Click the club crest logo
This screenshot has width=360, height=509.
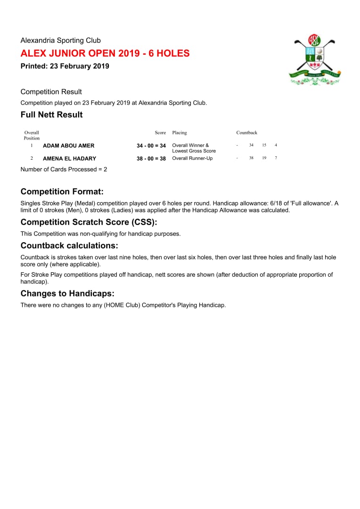(314, 60)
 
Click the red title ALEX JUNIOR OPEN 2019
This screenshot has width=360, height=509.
(105, 53)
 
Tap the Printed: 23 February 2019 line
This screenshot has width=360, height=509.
(65, 66)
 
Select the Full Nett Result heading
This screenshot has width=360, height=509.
(52, 115)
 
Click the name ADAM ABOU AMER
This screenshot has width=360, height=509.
(69, 146)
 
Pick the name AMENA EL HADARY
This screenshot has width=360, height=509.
(69, 158)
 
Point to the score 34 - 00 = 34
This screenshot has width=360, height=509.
(151, 146)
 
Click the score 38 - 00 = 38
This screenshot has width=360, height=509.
(151, 159)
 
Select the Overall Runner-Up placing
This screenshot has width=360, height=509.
(192, 158)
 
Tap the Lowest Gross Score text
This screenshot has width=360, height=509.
(194, 151)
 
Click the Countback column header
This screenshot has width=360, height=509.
(247, 133)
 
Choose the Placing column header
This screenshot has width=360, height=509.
(180, 133)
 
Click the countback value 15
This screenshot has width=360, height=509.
(264, 145)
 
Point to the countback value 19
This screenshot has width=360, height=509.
(264, 158)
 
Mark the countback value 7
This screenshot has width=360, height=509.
(276, 158)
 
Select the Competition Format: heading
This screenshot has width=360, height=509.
(62, 192)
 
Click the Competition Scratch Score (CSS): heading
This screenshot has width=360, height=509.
(89, 222)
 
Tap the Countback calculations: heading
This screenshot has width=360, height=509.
(69, 246)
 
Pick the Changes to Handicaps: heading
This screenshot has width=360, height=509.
(67, 293)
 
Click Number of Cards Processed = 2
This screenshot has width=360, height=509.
(64, 169)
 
